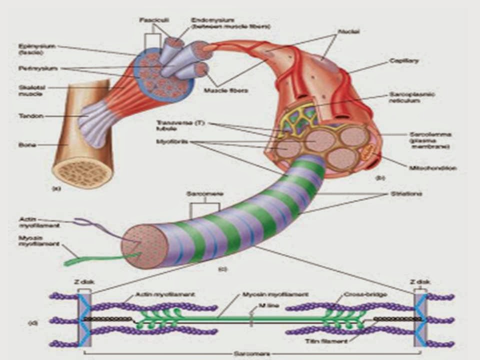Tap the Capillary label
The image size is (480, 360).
(x=403, y=61)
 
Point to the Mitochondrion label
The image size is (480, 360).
(x=432, y=168)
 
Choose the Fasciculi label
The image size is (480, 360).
(x=148, y=20)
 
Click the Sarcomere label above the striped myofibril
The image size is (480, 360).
(x=203, y=193)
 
